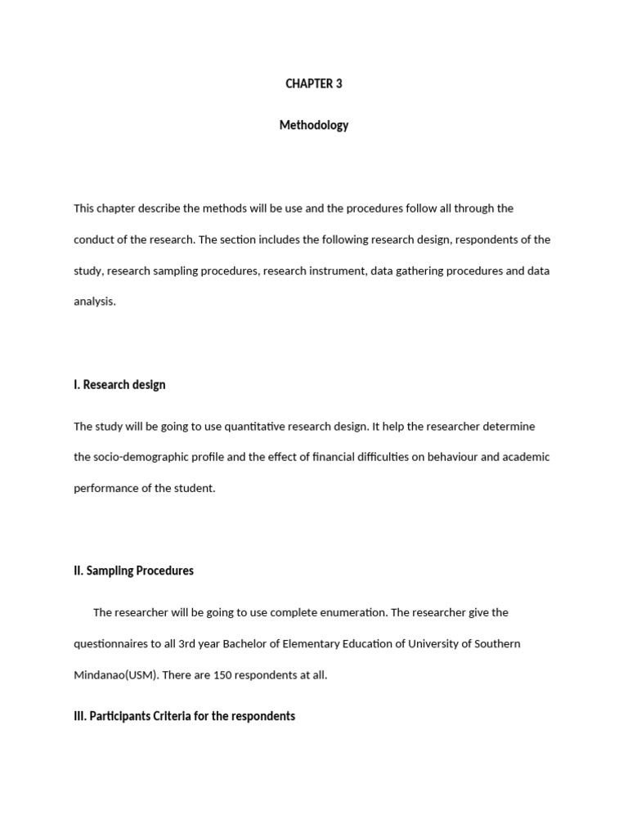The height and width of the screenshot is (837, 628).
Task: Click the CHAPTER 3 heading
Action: [x=314, y=83]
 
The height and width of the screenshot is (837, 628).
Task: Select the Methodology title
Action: [x=314, y=125]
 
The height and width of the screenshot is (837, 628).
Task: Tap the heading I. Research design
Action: [x=119, y=384]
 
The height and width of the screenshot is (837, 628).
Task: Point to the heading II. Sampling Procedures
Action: [x=133, y=571]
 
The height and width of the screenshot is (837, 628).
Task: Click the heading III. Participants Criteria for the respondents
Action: [x=184, y=716]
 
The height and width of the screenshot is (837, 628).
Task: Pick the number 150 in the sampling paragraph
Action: [x=223, y=675]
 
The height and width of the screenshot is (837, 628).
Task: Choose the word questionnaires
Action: [x=111, y=643]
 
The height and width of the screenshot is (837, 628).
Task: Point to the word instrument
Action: [x=337, y=271]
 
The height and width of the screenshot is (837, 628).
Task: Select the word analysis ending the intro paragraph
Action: [x=94, y=302]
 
